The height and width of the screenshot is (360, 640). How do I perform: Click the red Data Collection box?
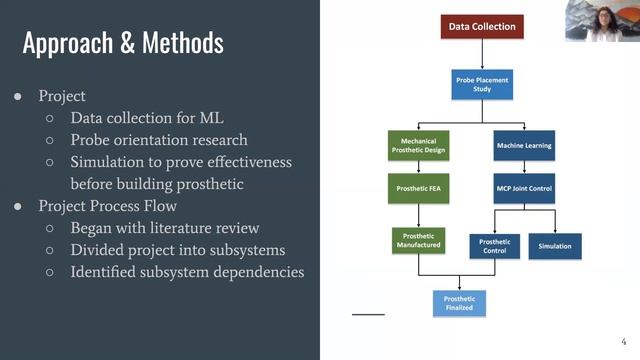(x=482, y=27)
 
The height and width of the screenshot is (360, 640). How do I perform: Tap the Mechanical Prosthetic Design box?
(x=417, y=145)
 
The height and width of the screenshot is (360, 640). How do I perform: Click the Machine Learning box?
(x=524, y=146)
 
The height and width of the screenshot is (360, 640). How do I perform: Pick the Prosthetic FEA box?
(x=417, y=187)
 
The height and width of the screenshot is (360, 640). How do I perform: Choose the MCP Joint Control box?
(x=524, y=188)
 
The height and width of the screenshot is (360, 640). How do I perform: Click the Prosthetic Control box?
(x=495, y=246)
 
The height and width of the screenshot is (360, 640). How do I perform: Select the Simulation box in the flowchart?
(x=555, y=246)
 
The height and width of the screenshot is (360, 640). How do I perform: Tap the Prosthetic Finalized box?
(x=459, y=303)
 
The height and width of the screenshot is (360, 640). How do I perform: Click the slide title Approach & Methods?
(x=123, y=43)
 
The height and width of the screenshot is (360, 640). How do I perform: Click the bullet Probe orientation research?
(x=158, y=140)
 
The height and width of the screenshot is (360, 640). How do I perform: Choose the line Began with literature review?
(x=165, y=228)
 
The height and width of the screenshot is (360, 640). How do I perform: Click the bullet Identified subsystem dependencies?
(x=187, y=272)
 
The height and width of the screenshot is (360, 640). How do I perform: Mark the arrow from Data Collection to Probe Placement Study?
(x=482, y=54)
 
